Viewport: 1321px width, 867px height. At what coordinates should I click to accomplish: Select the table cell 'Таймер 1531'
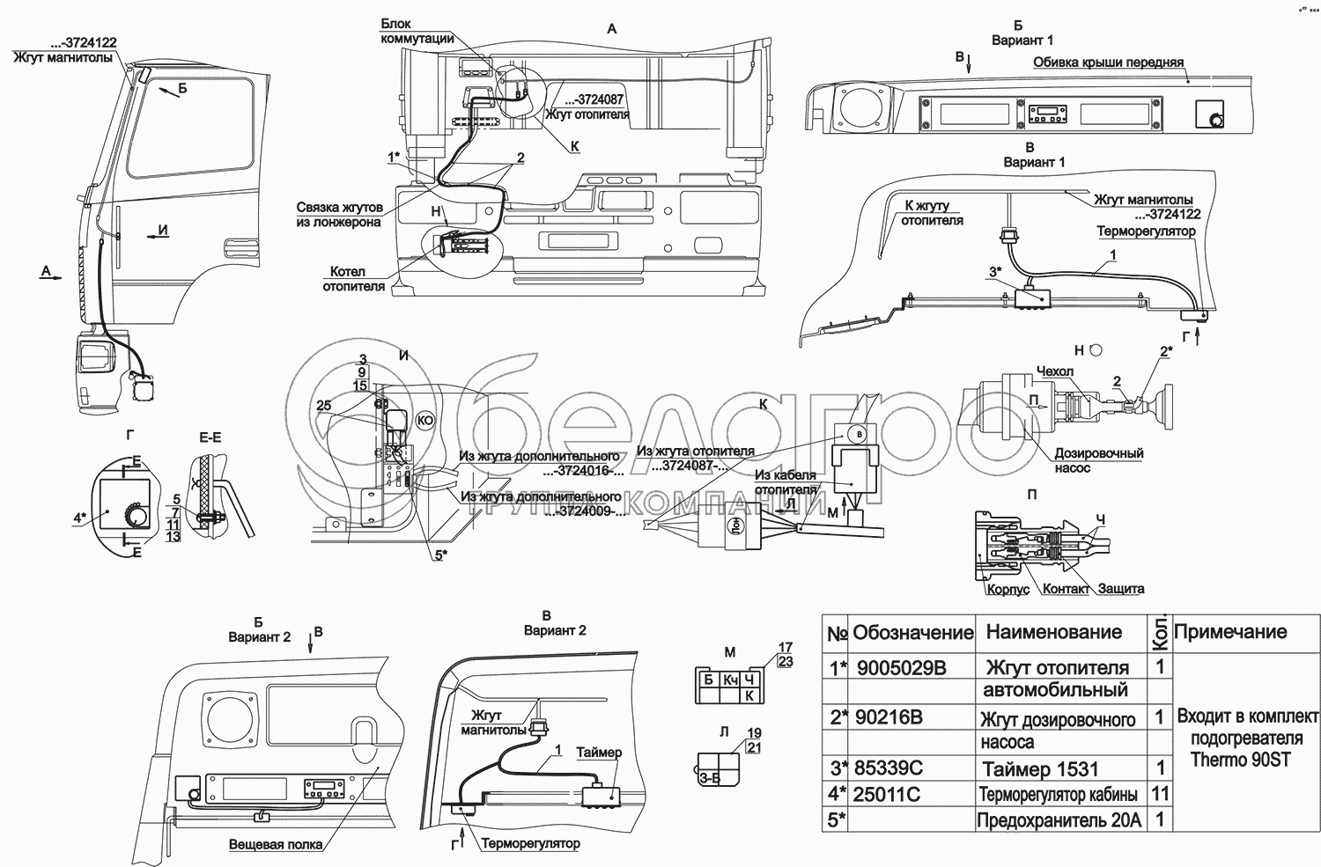pyautogui.click(x=1040, y=769)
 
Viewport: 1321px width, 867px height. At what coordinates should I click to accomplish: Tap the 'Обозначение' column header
pyautogui.click(x=912, y=632)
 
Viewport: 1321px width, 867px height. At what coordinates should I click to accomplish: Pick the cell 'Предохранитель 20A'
pyautogui.click(x=1059, y=820)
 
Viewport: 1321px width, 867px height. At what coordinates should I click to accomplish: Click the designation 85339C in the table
pyautogui.click(x=887, y=768)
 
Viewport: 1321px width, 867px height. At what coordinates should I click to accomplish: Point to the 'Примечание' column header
pyautogui.click(x=1229, y=631)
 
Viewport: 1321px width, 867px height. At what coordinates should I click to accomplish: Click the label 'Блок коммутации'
pyautogui.click(x=417, y=31)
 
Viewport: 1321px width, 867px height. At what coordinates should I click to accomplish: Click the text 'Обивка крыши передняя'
pyautogui.click(x=1108, y=62)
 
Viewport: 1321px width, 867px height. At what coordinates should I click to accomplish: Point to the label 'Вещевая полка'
pyautogui.click(x=276, y=844)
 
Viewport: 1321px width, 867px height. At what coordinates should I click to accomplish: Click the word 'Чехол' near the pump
pyautogui.click(x=1055, y=371)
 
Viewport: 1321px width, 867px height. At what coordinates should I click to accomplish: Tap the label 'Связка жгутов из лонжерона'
pyautogui.click(x=340, y=214)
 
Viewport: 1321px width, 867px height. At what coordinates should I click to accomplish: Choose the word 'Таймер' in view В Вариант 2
pyautogui.click(x=599, y=753)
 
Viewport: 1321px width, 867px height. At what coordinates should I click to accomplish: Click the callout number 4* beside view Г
pyautogui.click(x=79, y=517)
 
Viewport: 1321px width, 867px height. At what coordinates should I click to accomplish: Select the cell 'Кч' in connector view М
pyautogui.click(x=730, y=680)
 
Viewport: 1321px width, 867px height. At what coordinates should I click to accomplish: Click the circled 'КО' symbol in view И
pyautogui.click(x=424, y=421)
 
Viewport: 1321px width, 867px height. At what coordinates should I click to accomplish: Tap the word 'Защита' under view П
pyautogui.click(x=1121, y=588)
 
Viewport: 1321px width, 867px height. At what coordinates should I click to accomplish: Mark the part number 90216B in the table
pyautogui.click(x=889, y=717)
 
